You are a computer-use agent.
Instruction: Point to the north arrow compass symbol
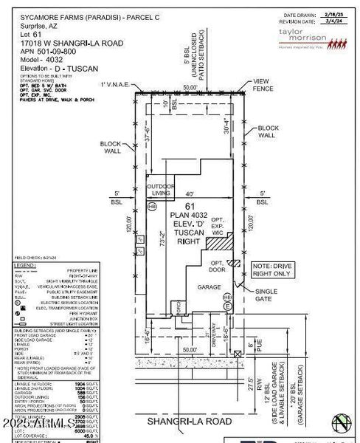[x=340, y=423]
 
